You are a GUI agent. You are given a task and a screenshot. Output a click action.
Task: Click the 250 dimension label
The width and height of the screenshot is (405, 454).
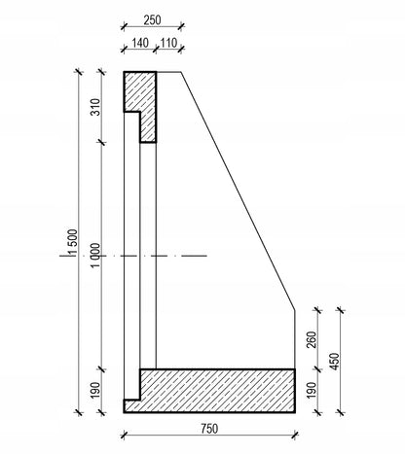pos(152,20)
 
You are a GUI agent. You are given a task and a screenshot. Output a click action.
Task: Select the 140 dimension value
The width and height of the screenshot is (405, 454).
pos(140,43)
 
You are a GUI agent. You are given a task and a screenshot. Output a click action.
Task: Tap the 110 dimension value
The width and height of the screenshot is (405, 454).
pos(168,43)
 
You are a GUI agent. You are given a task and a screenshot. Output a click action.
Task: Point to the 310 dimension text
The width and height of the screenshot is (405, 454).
pos(96,107)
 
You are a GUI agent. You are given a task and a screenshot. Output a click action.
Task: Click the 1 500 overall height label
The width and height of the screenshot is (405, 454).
pos(73,243)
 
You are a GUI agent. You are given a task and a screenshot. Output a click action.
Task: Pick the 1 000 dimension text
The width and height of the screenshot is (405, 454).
pos(96,256)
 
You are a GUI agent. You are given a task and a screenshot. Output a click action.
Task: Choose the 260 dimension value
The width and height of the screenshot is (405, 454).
pos(312,339)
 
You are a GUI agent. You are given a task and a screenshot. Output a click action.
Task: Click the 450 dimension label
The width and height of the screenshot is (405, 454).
pos(335,362)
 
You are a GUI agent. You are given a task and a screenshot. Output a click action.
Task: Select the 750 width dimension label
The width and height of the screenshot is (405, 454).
pos(209,429)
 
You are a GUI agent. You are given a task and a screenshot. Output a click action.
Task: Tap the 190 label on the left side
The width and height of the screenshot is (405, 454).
pos(96,391)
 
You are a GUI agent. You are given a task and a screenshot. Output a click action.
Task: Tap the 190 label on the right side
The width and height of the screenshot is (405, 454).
pos(312,391)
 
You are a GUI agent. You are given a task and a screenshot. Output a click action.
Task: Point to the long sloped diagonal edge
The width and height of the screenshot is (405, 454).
pos(238,191)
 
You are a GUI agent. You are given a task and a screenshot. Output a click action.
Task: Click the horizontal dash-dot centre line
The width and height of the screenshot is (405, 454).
pos(133,256)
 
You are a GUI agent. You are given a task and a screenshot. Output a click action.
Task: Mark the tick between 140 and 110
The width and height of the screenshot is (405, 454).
pos(156,50)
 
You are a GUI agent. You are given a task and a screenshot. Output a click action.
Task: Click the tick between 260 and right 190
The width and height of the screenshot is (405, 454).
pos(317,369)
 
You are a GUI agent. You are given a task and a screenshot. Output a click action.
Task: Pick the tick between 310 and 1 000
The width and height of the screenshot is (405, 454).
pos(102,142)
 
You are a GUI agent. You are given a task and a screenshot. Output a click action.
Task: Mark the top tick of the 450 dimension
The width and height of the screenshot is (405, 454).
pos(341,310)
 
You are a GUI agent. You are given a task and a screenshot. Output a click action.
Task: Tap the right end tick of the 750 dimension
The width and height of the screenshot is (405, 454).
pos(295,436)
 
